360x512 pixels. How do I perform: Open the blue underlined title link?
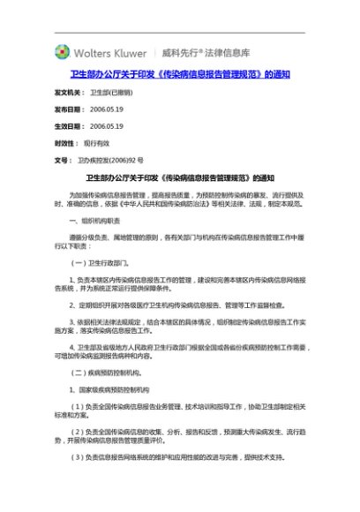(x=180, y=73)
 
